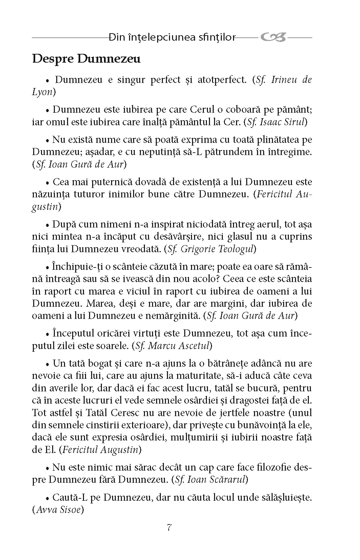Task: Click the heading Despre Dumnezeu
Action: point(86,59)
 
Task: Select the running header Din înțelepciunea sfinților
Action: point(172,38)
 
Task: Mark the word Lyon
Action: point(42,92)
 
